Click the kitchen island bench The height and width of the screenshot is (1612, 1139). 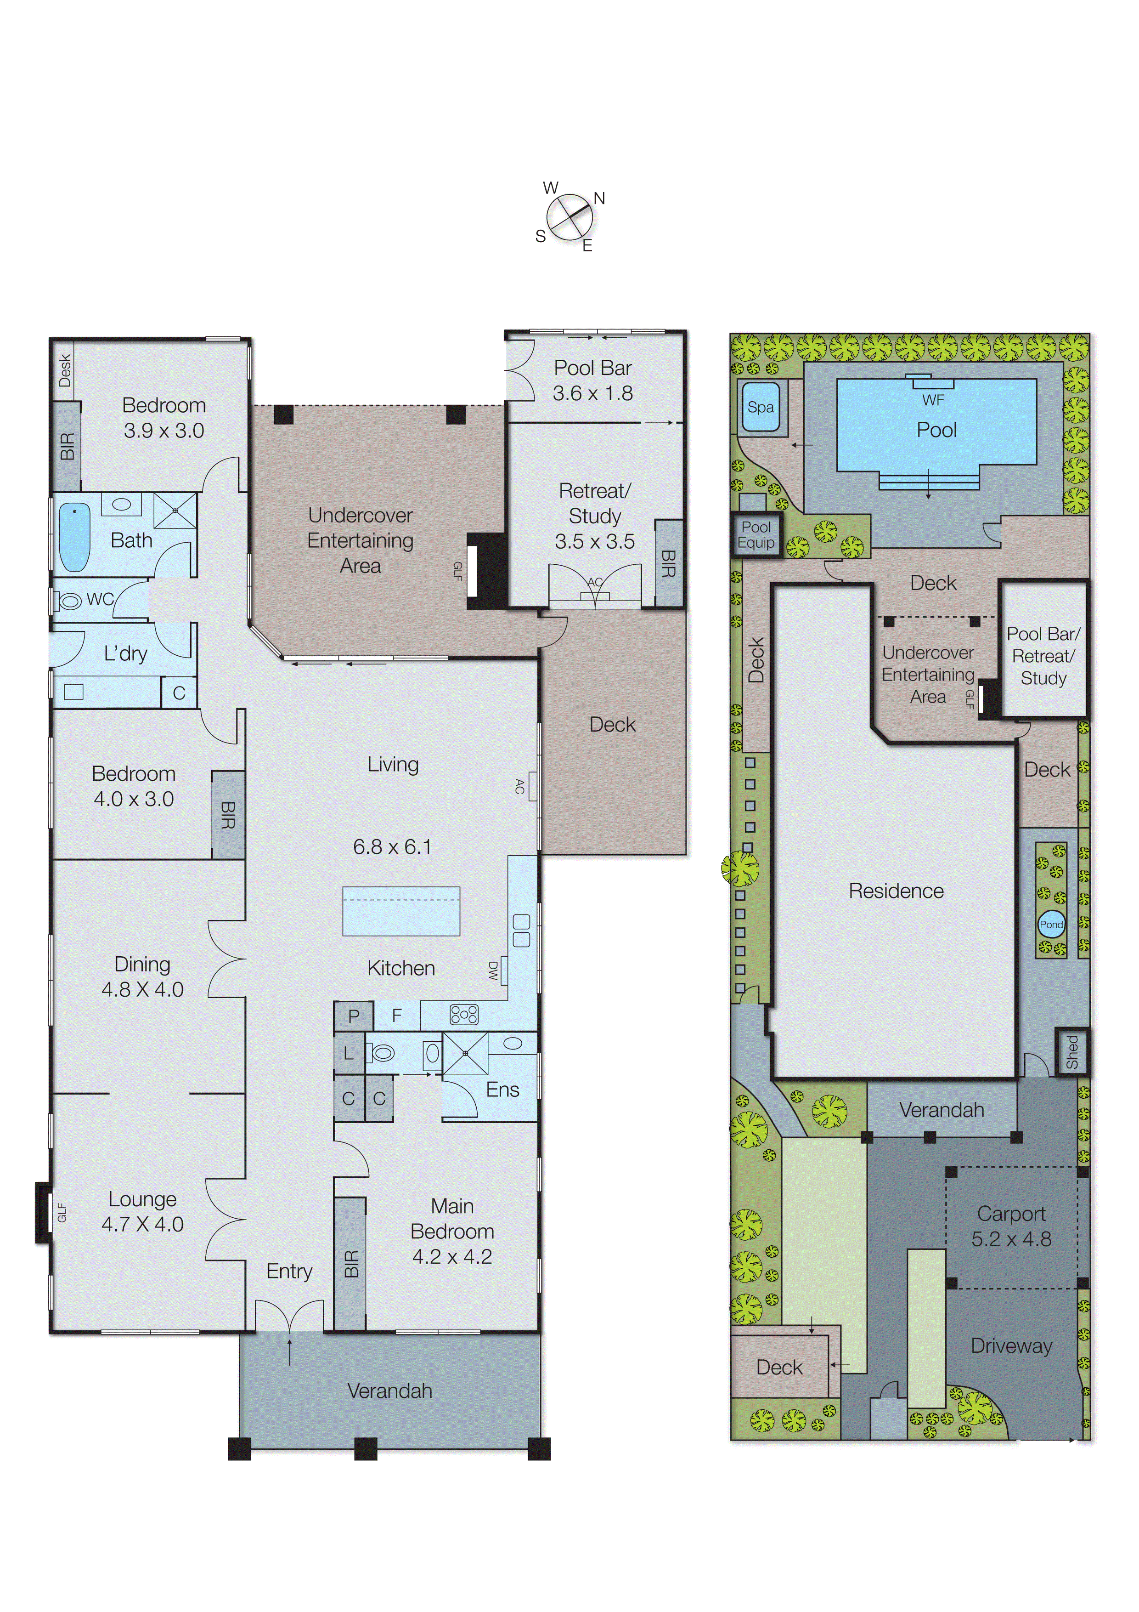point(401,911)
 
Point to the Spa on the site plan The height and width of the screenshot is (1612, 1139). point(760,407)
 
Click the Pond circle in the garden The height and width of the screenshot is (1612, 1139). point(1050,925)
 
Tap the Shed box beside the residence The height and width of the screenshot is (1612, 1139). point(1071,1051)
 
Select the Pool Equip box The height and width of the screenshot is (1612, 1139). point(756,535)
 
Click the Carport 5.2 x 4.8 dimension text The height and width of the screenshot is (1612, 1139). point(1011,1239)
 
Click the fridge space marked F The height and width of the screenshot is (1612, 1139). point(396,1015)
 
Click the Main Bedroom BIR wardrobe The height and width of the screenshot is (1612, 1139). point(350,1263)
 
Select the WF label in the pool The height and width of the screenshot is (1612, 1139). point(933,400)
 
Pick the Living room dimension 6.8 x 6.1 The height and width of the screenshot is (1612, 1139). point(392,847)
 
